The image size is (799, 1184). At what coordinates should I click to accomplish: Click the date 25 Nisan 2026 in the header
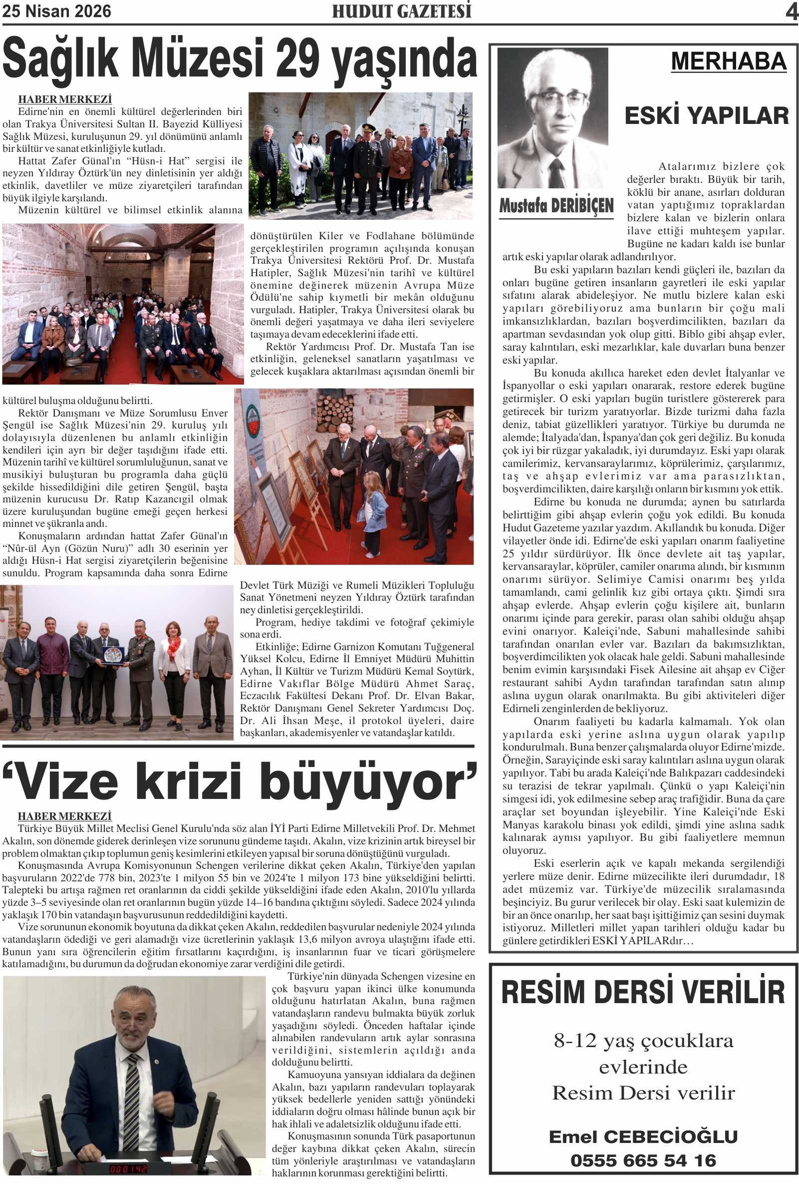click(x=56, y=11)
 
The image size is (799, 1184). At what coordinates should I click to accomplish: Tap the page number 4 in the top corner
click(x=792, y=11)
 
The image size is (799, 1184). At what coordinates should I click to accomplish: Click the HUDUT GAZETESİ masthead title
click(x=402, y=11)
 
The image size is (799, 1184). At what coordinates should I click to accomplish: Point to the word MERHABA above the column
click(x=728, y=61)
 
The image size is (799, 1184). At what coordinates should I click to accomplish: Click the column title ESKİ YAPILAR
click(x=706, y=115)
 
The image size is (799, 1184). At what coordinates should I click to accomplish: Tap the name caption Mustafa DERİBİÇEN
click(x=556, y=206)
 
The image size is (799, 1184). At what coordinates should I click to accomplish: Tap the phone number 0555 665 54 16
click(x=643, y=1160)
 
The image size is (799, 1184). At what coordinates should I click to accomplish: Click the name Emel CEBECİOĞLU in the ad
click(x=643, y=1137)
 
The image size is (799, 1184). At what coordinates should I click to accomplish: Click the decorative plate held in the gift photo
click(x=113, y=654)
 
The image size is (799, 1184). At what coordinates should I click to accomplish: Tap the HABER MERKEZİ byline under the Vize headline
click(x=65, y=816)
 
